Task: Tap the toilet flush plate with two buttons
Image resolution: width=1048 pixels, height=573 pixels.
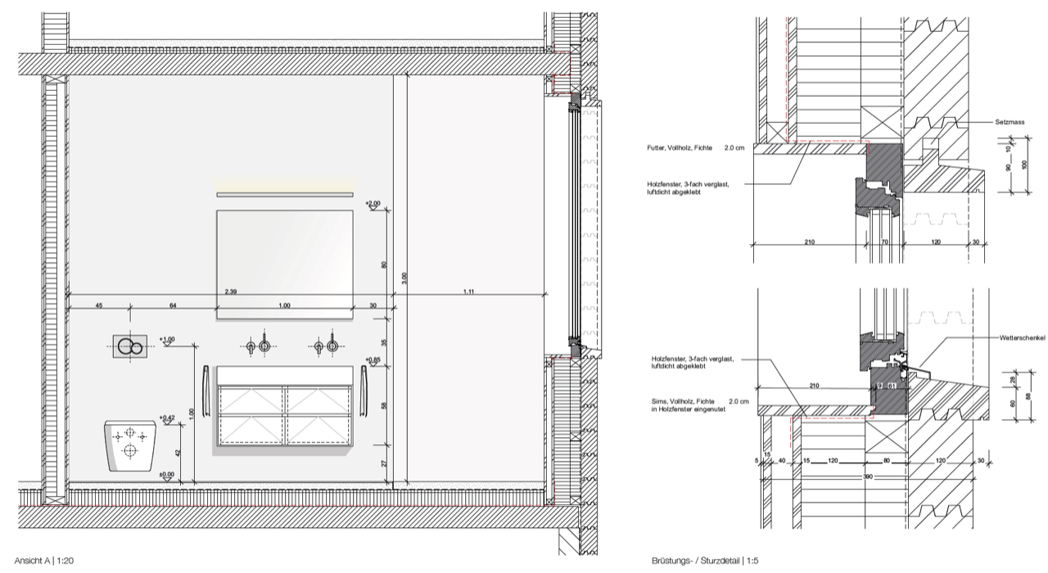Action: tap(130, 347)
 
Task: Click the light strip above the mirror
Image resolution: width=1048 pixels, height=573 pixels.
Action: tap(286, 194)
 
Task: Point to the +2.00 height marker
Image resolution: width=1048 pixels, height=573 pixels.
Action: tap(373, 203)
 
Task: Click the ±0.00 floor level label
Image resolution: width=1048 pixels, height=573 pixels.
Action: tap(167, 474)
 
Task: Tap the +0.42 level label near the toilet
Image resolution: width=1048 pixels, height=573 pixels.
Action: tap(167, 417)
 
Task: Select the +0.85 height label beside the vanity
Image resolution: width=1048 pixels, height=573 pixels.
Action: tap(373, 359)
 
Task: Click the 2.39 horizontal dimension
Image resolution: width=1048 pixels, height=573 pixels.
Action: tap(232, 291)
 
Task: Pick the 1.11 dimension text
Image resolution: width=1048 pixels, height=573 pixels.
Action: tap(469, 291)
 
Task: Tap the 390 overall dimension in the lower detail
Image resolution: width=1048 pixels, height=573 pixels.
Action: tap(867, 475)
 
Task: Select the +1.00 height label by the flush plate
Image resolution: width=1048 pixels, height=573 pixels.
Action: tap(167, 339)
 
